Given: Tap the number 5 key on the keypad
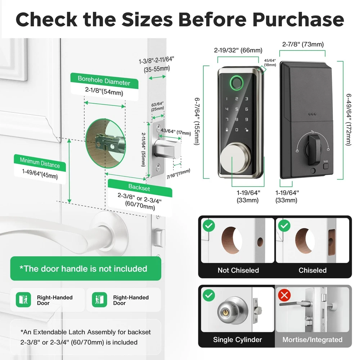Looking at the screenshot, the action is (237, 109).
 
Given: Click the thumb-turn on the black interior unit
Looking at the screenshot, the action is (314, 149).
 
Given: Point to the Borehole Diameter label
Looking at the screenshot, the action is (104, 81).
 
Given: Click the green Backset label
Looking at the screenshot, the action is (139, 188).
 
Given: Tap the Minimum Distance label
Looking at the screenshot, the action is (40, 163).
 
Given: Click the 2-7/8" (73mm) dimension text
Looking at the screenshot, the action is (303, 44).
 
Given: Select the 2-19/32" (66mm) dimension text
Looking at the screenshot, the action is (238, 50).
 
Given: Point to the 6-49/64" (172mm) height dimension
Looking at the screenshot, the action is (348, 120).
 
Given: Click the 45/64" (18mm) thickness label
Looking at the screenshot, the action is (270, 63).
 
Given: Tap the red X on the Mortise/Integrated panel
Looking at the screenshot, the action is (284, 295).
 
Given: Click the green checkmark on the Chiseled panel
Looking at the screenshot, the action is (284, 226).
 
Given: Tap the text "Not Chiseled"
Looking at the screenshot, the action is (238, 270).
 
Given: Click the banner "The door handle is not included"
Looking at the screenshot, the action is (86, 269).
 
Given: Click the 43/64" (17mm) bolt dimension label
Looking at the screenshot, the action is (176, 132).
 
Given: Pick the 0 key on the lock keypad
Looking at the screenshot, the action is (237, 130).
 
